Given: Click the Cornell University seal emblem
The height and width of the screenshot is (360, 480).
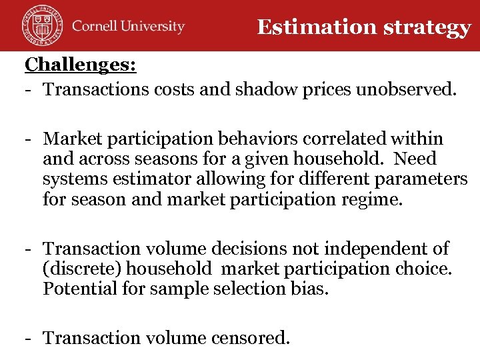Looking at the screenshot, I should pos(40,26).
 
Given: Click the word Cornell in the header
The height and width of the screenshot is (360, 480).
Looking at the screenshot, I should pos(95,27).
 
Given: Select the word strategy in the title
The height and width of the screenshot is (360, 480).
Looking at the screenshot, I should pos(435,28).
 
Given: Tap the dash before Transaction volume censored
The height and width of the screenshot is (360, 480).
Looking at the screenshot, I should pos(30,338).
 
